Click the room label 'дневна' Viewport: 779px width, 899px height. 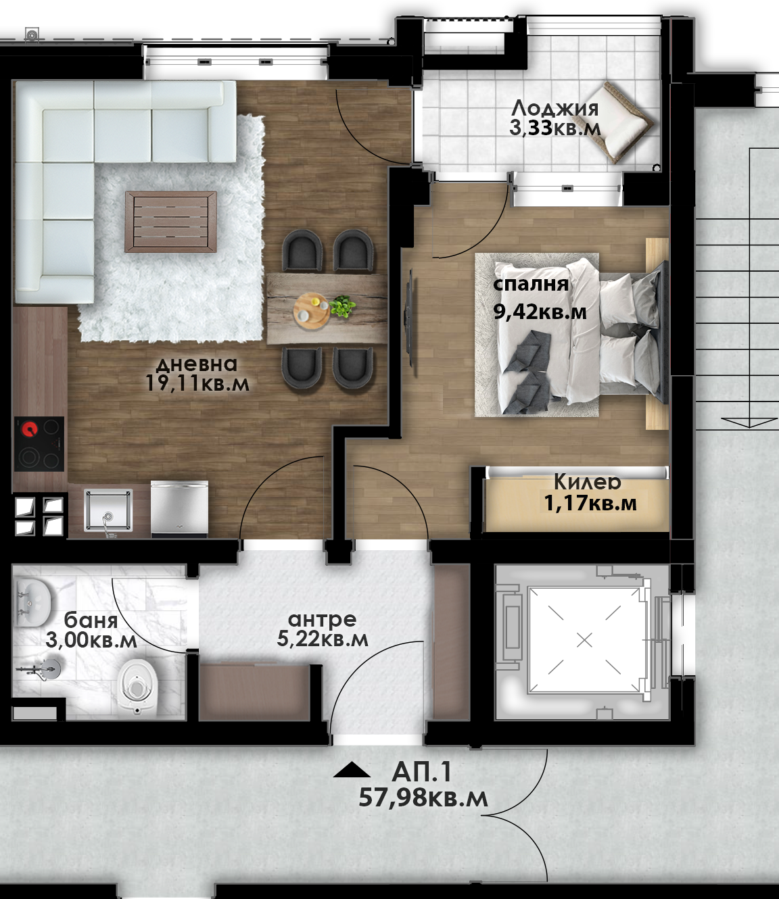[197, 364]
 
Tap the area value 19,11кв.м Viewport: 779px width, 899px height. [197, 383]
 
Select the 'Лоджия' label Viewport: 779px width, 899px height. [555, 109]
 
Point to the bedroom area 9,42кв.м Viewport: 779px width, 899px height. [540, 312]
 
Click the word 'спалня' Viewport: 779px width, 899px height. [531, 285]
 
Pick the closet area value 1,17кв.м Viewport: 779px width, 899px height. [590, 504]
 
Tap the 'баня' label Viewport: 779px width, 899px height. [91, 621]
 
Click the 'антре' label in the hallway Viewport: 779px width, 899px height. [322, 619]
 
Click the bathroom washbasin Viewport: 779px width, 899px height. [32, 602]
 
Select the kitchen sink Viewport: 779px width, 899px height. [108, 510]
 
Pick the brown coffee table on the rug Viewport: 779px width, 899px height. [170, 222]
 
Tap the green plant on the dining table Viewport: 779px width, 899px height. [342, 306]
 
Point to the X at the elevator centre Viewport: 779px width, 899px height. [584, 640]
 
